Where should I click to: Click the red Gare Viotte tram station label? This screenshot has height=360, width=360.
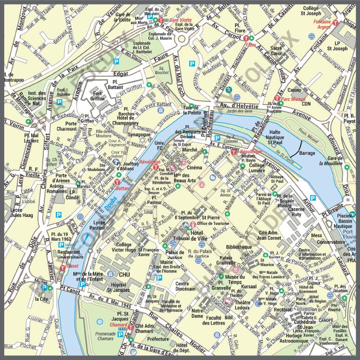(x=179, y=21)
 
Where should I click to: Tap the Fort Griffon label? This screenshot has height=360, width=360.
(x=97, y=95)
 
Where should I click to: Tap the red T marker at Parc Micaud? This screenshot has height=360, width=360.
(x=277, y=98)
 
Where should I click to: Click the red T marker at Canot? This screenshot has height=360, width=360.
(x=62, y=267)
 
